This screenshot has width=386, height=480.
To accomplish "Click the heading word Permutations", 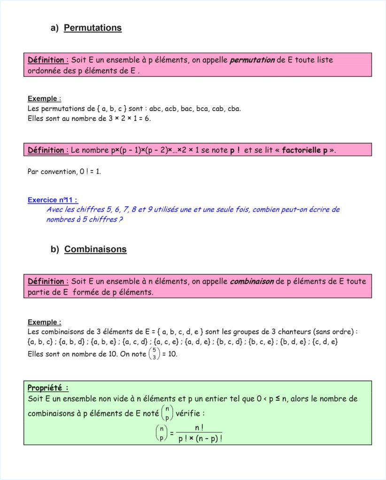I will [x=93, y=28].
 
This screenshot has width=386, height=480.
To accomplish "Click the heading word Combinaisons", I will [x=95, y=249].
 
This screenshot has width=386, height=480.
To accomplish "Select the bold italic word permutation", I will [x=252, y=60].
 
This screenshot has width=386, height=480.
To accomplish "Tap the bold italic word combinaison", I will [x=252, y=282].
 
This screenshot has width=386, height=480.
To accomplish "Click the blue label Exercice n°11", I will [x=53, y=200].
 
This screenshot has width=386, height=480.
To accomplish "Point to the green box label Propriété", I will [x=48, y=388].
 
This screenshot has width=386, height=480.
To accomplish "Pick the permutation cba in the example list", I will [x=234, y=109].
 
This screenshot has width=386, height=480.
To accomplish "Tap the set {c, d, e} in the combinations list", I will [x=324, y=342].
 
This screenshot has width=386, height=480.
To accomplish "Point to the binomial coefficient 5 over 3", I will [x=154, y=354].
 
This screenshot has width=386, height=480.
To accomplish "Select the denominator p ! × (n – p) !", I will [x=200, y=439].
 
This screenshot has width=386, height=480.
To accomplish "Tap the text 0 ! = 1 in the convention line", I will [x=91, y=172].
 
